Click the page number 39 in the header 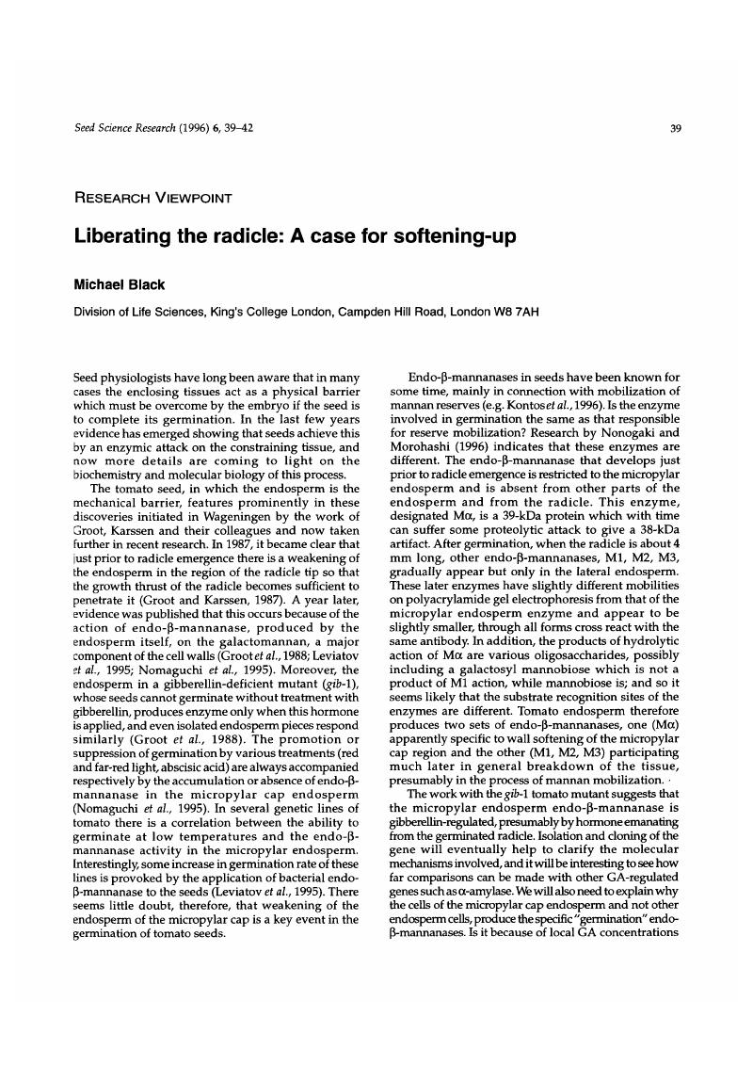(675, 130)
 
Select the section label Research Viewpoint (153, 198)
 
